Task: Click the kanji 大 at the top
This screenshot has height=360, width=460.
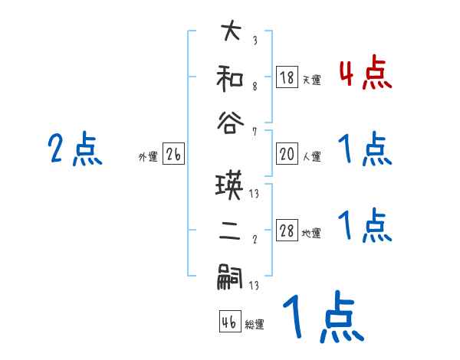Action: tap(230, 34)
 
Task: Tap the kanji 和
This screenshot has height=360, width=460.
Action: tap(230, 78)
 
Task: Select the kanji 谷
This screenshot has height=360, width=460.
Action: tap(230, 122)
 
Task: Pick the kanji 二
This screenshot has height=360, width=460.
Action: tap(230, 232)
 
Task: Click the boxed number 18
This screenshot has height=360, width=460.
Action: tap(287, 77)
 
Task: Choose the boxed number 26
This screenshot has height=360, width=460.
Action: tap(173, 155)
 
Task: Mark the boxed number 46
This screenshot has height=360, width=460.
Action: tap(229, 322)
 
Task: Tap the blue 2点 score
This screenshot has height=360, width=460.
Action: tap(74, 149)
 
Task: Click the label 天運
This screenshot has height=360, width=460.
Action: tap(312, 80)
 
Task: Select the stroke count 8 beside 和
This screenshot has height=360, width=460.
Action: tap(254, 85)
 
